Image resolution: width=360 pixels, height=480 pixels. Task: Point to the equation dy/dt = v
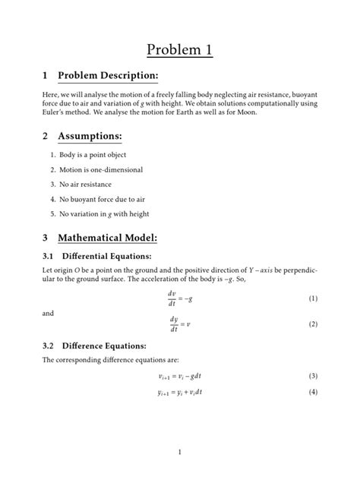pyautogui.click(x=179, y=324)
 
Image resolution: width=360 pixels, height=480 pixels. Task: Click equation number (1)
pyautogui.click(x=312, y=299)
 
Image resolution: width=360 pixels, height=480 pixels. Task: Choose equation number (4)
pyautogui.click(x=312, y=392)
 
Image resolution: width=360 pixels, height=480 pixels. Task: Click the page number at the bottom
pyautogui.click(x=179, y=453)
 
